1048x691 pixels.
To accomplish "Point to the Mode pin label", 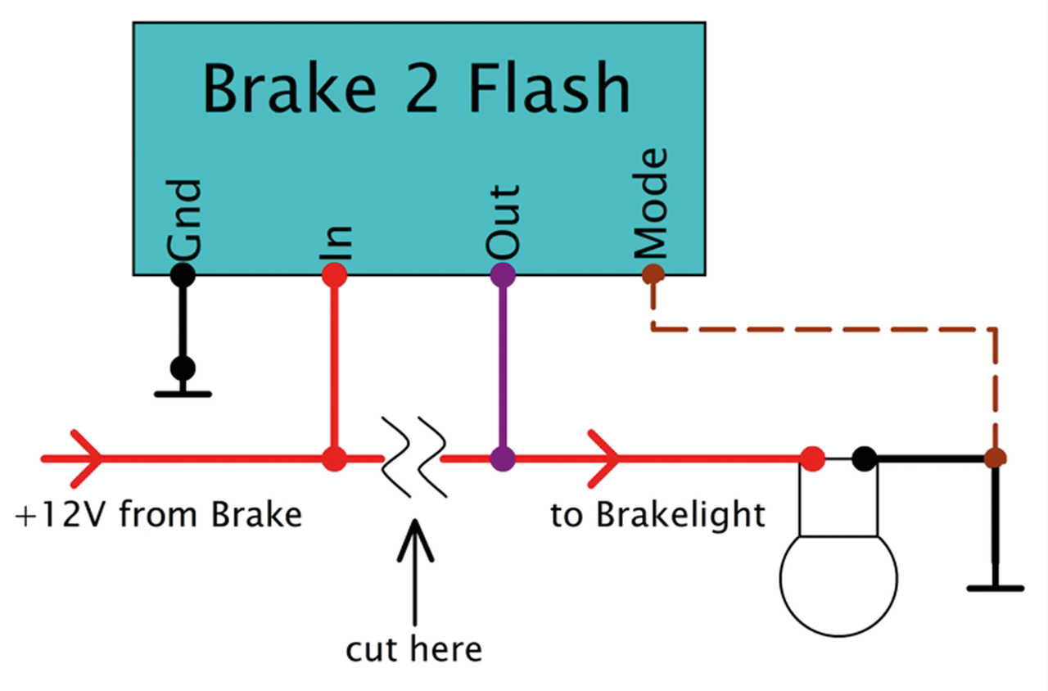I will pyautogui.click(x=652, y=205).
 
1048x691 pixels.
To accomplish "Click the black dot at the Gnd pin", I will pyautogui.click(x=183, y=275).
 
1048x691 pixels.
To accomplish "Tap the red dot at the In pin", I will pyautogui.click(x=334, y=275).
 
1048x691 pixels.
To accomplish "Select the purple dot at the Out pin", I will pyautogui.click(x=502, y=274).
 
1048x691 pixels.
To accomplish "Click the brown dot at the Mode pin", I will pyautogui.click(x=653, y=274).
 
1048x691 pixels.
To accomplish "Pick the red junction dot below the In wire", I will pyautogui.click(x=334, y=458).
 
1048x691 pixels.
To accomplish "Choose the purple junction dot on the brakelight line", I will pyautogui.click(x=502, y=458).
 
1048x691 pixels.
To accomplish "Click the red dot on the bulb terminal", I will pyautogui.click(x=812, y=458).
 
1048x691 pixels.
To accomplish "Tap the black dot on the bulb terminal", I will pyautogui.click(x=863, y=458).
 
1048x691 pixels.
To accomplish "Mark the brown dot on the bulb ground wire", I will pyautogui.click(x=996, y=458).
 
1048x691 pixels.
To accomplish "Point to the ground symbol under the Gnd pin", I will pyautogui.click(x=183, y=393).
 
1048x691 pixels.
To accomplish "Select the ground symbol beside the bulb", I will pyautogui.click(x=996, y=586).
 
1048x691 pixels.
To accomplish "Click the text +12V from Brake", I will pyautogui.click(x=159, y=516).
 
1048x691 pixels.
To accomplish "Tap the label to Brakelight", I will pyautogui.click(x=658, y=516).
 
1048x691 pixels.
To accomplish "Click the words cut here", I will pyautogui.click(x=414, y=650).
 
